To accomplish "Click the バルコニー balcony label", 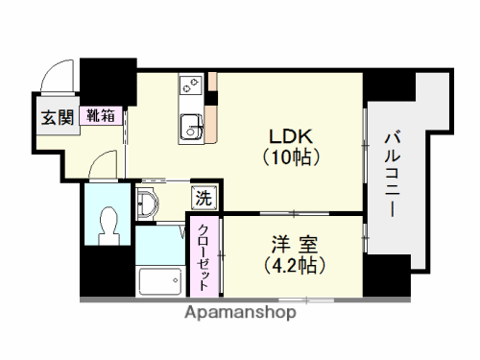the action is [394, 173].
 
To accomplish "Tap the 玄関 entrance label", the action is [57, 117].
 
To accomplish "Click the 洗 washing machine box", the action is [204, 199].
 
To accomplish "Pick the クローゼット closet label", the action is [204, 255].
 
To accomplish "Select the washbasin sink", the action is [148, 203].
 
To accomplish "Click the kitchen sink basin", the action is [192, 125].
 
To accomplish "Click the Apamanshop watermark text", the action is [240, 313].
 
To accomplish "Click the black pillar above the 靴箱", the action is [107, 83].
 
